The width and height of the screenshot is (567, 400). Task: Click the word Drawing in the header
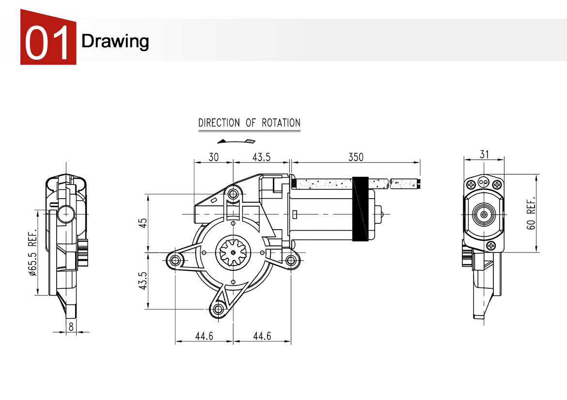115,41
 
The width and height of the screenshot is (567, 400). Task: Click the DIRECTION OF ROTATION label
249,123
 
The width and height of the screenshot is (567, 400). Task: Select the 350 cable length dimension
355,157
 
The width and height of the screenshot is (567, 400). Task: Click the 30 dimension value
213,157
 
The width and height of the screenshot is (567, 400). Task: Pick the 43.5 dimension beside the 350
261,157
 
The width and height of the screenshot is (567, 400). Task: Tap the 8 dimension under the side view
71,327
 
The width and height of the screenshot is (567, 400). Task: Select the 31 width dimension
484,154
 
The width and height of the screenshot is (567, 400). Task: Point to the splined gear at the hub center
234,252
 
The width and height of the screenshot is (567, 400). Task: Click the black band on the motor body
360,209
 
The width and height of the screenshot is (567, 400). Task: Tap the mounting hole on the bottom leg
219,309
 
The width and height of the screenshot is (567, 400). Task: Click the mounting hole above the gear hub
234,195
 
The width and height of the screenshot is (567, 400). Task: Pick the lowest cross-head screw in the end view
491,246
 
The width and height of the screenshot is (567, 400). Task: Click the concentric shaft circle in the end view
483,214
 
